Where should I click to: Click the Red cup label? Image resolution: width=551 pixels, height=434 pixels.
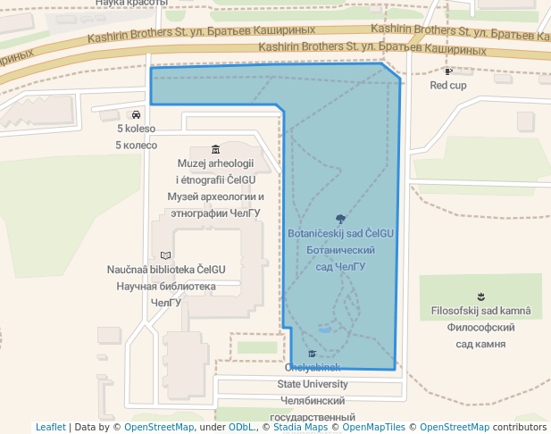coord(448,86)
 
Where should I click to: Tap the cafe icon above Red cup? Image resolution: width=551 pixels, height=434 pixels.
coord(448,71)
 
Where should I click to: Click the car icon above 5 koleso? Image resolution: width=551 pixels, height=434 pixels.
coord(136,114)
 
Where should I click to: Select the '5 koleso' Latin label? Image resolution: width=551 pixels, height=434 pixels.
coord(136,129)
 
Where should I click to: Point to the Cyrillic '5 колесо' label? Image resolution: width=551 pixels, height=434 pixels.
coord(136,145)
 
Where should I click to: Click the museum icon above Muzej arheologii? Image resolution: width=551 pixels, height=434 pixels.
coord(215,149)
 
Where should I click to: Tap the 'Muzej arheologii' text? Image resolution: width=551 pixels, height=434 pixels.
coord(215,163)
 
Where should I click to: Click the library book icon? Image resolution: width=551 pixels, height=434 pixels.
coord(165,255)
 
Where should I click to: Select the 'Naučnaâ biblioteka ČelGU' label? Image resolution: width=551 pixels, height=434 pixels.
coord(166,269)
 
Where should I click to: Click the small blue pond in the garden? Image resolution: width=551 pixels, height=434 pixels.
coord(324,329)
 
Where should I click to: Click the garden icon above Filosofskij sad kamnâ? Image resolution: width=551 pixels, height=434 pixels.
coord(481,296)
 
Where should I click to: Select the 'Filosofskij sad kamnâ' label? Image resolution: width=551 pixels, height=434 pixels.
coord(480,311)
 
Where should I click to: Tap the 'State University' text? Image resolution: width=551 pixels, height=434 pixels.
coord(312,384)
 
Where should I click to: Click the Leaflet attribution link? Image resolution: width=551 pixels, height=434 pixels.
coord(51,427)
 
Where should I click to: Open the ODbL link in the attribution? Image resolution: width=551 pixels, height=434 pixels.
coord(241,427)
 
